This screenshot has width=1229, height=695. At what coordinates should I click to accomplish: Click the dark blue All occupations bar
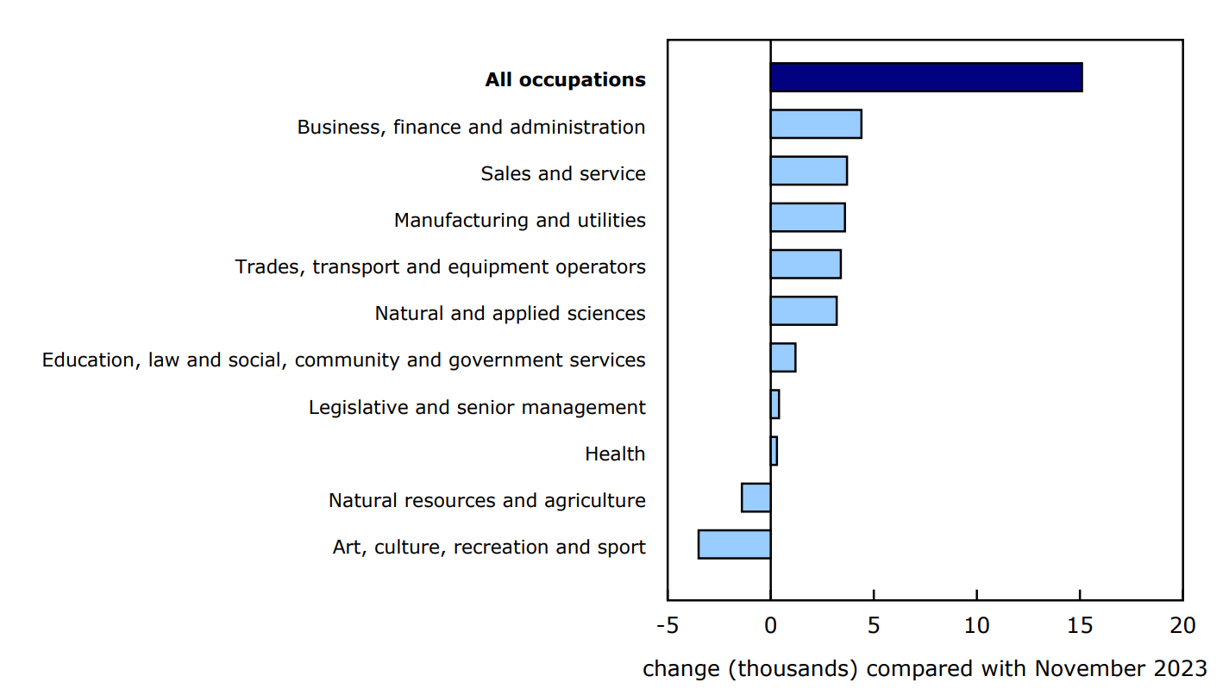coord(925,78)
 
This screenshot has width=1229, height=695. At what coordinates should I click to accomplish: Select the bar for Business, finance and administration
coord(815,124)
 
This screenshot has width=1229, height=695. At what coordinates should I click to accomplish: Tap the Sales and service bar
coord(808,171)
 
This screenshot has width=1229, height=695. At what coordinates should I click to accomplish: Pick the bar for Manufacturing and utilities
coord(807,217)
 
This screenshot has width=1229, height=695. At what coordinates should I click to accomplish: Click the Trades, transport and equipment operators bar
coord(805,264)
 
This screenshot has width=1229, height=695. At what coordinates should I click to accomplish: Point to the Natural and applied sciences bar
coord(803,310)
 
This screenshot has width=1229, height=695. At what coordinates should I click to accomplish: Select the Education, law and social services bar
coord(782,357)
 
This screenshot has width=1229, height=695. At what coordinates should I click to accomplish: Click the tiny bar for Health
coord(774,451)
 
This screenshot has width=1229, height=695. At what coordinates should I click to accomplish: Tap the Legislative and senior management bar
coord(774,404)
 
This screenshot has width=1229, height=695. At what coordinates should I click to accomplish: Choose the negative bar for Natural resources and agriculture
coord(756,498)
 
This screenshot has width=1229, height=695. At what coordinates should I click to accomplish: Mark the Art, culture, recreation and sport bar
coord(734,544)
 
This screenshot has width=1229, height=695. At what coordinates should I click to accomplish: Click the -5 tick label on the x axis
coord(667,625)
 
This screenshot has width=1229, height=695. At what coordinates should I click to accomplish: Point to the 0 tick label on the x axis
coord(770,625)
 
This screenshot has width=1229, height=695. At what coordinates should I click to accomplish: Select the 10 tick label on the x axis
coord(976,625)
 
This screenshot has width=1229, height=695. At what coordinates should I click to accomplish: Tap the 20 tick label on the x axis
coord(1182,625)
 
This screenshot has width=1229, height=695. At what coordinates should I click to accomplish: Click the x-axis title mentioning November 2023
coord(925,669)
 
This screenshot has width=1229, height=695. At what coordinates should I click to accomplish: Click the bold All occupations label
coord(565,80)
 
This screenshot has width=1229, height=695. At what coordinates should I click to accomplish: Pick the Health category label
coord(614,454)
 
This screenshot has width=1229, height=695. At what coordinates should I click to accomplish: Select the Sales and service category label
coord(562,174)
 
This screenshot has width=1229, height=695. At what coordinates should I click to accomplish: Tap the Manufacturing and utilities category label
coord(519,221)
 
